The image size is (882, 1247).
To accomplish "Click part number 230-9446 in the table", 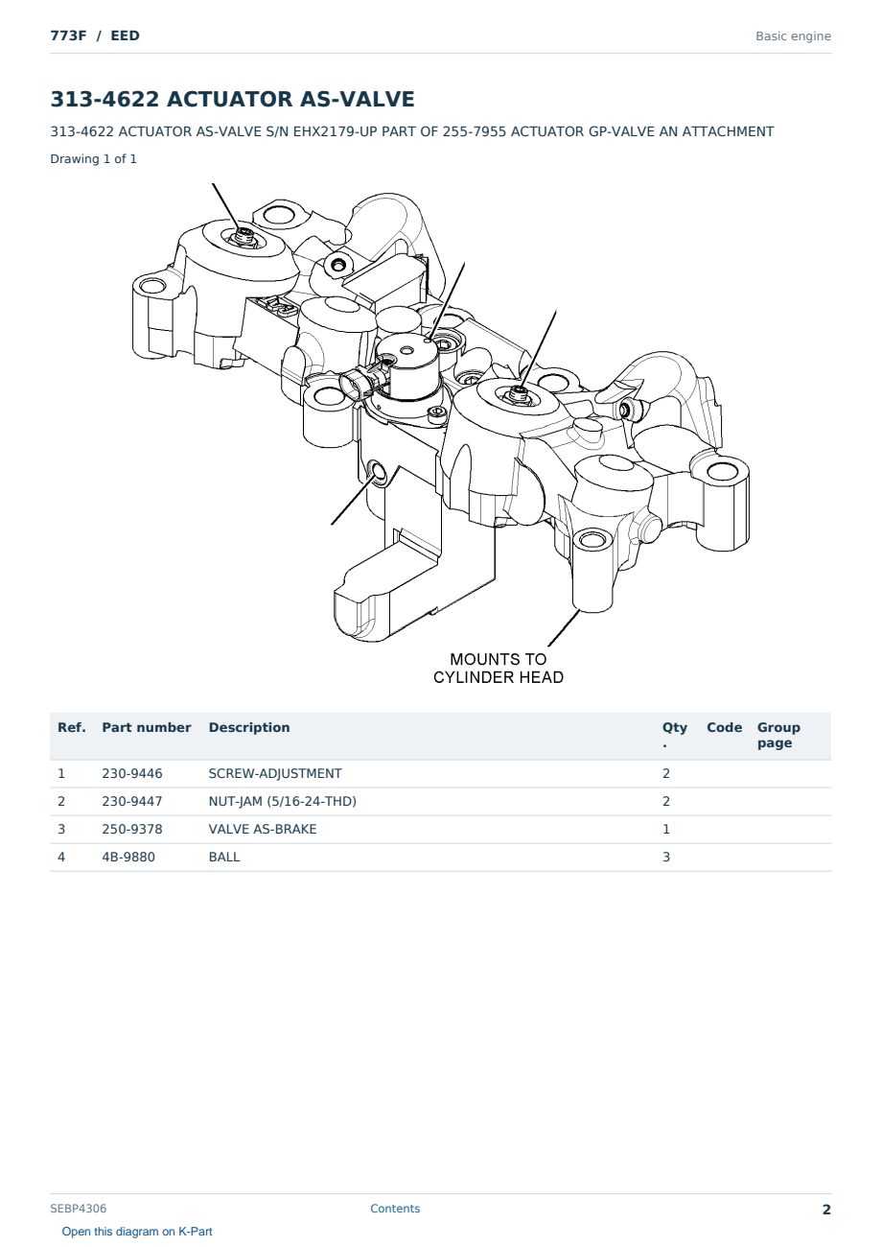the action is click(132, 773).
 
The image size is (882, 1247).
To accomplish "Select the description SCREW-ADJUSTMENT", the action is click(275, 773).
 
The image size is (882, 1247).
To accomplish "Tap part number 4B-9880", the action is click(128, 857).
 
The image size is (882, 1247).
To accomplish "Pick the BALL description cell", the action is click(224, 857).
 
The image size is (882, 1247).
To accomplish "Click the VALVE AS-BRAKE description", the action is click(263, 829).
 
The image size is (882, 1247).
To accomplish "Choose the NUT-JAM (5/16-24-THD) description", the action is click(283, 801).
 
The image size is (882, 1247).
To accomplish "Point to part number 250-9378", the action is click(132, 829).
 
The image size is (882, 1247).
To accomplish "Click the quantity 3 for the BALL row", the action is click(666, 857).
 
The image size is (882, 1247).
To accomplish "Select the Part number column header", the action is click(147, 727).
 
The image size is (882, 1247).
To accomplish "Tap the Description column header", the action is click(249, 727).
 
